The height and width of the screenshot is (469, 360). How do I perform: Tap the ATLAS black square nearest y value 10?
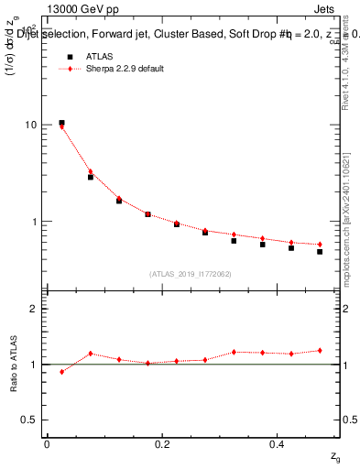point(61,123)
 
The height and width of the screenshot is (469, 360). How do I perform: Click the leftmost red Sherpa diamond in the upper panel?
point(61,126)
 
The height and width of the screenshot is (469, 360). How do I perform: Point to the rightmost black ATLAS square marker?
point(320,251)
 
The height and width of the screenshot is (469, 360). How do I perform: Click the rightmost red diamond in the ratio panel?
point(320,350)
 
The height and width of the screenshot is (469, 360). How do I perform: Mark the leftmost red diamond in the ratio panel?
point(61,372)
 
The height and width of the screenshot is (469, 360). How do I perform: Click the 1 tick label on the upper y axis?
point(35,222)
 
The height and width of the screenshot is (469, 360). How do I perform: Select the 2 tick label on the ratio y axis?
point(35,310)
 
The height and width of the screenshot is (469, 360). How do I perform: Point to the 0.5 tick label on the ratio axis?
point(31,420)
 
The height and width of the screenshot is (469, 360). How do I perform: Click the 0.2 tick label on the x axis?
point(162,444)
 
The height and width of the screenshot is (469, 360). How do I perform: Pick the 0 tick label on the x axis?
point(47,444)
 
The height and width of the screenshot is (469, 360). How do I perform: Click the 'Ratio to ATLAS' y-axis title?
point(14,363)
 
